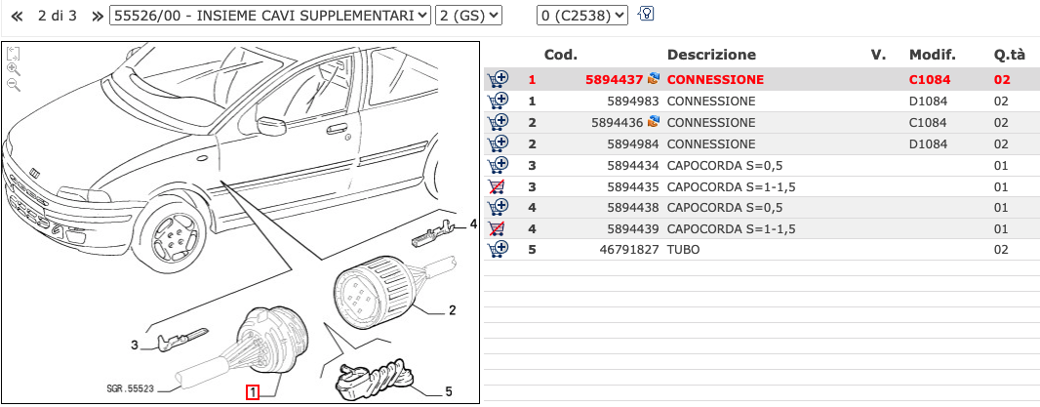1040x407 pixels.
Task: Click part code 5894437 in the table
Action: [x=614, y=79]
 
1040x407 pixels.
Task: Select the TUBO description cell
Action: [x=684, y=250]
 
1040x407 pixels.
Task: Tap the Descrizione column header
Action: [x=710, y=55]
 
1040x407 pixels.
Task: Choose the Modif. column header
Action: [x=932, y=55]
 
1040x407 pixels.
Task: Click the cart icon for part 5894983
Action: [x=498, y=101]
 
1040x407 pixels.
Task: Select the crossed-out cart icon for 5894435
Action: [x=498, y=185]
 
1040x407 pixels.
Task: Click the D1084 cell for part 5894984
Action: [x=928, y=143]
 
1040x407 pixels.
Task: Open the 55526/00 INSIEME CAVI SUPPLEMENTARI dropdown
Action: [x=270, y=16]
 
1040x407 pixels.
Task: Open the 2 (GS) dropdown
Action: [x=468, y=16]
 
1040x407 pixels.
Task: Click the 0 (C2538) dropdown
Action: [x=582, y=16]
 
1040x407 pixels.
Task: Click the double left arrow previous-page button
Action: [x=16, y=16]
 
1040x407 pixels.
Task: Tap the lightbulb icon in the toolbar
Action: [x=645, y=15]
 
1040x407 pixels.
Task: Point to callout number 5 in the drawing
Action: [x=448, y=391]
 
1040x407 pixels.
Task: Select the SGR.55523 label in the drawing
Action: [x=131, y=388]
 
